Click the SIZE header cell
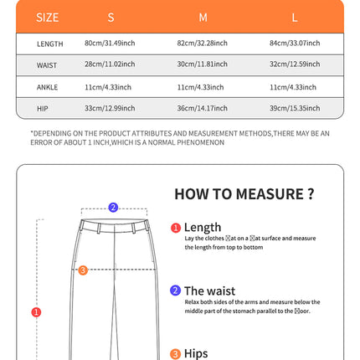[x=48, y=17]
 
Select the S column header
[x=111, y=17]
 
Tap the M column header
[x=203, y=17]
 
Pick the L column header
[x=295, y=17]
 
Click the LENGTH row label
[x=49, y=43]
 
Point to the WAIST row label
[x=47, y=64]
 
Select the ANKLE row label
[x=48, y=86]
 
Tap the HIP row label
[x=43, y=108]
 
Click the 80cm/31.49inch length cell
[x=111, y=43]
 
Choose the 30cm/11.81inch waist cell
[x=203, y=64]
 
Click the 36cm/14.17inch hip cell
[x=203, y=108]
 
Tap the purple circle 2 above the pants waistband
[x=112, y=208]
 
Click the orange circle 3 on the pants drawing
[x=82, y=270]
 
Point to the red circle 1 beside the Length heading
[x=176, y=228]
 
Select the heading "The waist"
[x=209, y=291]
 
